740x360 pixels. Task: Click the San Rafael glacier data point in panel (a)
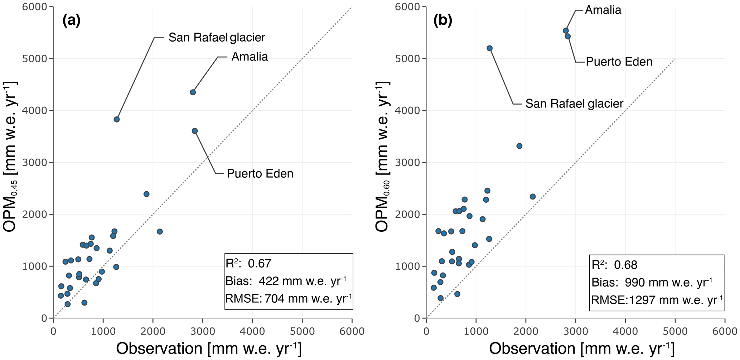point(116,119)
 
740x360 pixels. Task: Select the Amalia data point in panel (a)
point(193,92)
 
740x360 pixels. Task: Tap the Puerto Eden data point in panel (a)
point(195,131)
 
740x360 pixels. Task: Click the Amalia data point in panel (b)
point(566,31)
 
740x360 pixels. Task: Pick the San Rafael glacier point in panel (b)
point(490,48)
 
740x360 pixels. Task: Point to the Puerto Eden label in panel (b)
point(619,62)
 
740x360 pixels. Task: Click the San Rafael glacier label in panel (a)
point(217,37)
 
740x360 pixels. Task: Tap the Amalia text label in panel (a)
point(250,57)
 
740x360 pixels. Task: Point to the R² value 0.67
point(260,264)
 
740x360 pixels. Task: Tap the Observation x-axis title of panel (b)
point(581,349)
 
